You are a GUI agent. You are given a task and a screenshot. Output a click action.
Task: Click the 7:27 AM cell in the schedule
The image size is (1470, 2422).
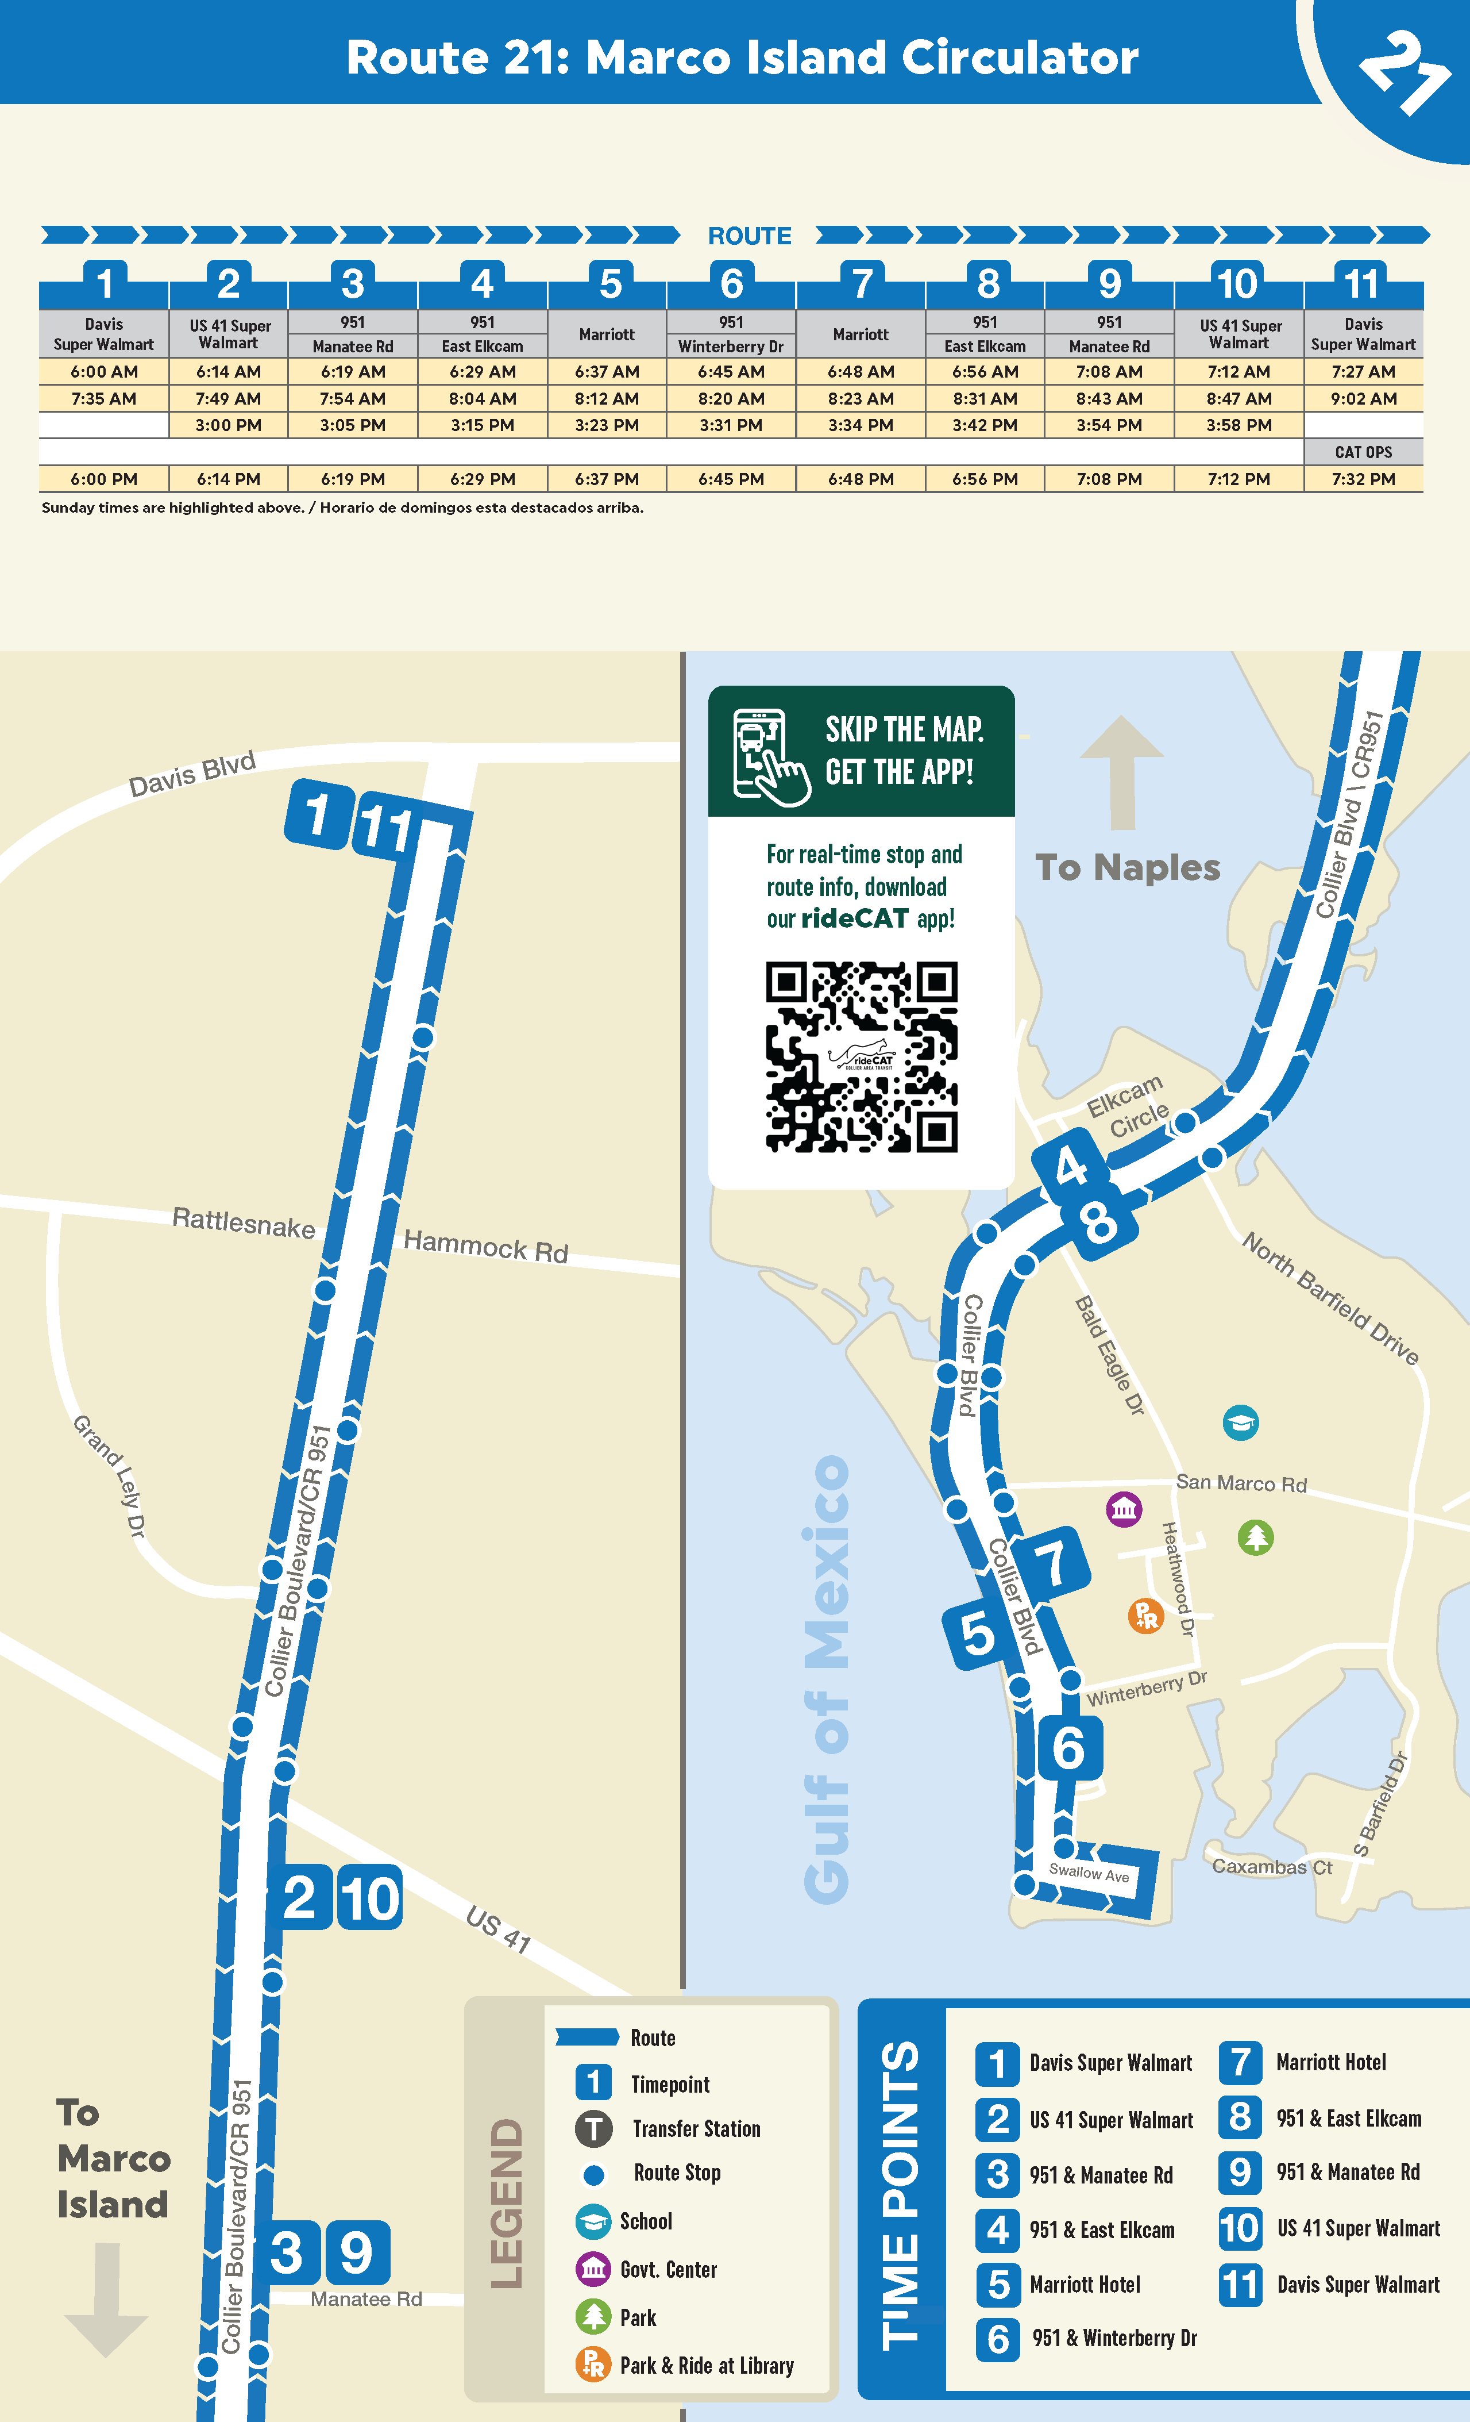(x=1363, y=371)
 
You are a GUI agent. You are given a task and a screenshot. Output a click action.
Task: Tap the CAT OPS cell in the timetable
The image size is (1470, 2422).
(x=1363, y=452)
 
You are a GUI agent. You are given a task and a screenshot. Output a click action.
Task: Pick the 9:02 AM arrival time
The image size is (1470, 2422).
(x=1363, y=399)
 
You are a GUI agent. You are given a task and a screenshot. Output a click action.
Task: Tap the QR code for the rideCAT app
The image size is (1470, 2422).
(x=862, y=1056)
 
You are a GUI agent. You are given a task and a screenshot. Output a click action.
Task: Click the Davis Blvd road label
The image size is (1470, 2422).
(x=192, y=774)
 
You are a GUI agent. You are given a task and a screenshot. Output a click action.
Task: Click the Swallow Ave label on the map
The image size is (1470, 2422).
(x=1089, y=1873)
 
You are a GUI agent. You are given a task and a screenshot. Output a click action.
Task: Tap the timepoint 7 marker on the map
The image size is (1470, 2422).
(x=1051, y=1562)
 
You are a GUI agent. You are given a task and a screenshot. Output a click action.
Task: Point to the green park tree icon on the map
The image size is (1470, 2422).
(x=1255, y=1536)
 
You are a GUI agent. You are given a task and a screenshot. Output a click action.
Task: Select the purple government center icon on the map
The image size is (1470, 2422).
(x=1124, y=1509)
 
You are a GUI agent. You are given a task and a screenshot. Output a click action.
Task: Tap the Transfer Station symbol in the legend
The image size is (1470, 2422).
(x=593, y=2128)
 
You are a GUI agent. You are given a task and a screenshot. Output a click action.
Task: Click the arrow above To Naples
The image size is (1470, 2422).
(x=1121, y=772)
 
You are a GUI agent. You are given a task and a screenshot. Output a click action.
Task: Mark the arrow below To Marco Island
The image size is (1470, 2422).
(x=106, y=2298)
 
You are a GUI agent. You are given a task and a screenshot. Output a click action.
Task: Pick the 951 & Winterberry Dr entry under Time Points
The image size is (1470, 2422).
(x=1113, y=2339)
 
